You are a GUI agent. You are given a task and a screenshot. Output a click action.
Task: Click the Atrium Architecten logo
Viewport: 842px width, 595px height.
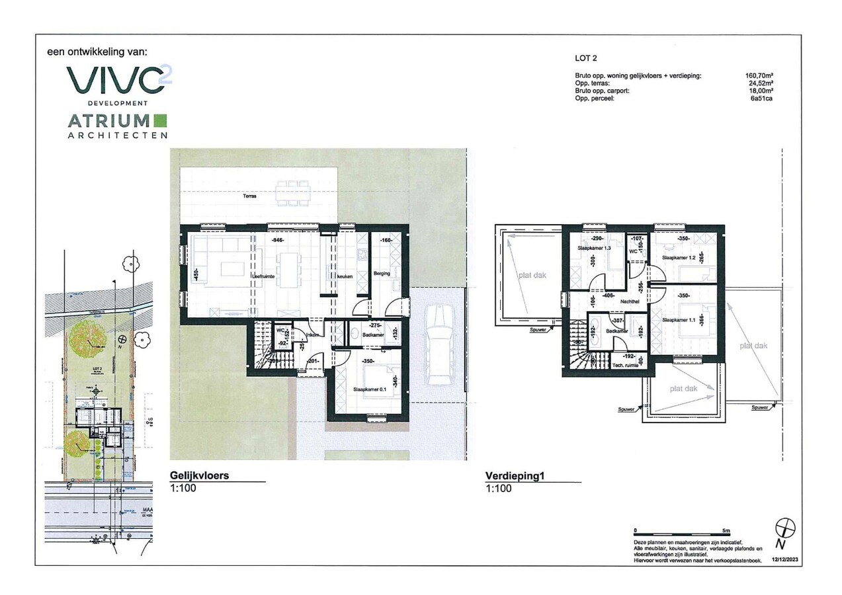[117, 126]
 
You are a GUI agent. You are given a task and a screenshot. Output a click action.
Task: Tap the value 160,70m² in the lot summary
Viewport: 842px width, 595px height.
[759, 76]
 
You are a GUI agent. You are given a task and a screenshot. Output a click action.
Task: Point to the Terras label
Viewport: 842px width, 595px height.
[249, 196]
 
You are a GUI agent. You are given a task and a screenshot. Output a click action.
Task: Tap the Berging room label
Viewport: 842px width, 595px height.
[382, 273]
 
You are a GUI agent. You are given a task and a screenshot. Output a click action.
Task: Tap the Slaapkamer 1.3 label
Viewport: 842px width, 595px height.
[593, 248]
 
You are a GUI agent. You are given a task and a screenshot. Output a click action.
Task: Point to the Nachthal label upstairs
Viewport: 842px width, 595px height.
[630, 301]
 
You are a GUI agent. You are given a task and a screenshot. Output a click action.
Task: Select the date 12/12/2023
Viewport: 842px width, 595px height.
[785, 560]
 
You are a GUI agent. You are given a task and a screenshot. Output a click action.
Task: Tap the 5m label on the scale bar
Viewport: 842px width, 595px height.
[726, 530]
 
